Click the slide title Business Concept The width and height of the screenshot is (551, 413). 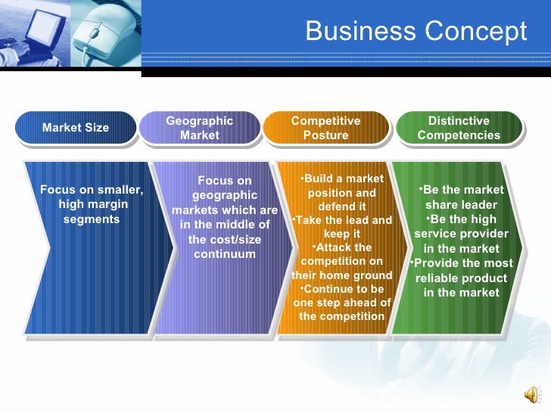click(x=416, y=32)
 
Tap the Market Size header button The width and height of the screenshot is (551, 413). click(x=76, y=128)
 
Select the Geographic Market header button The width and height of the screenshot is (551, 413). click(x=200, y=128)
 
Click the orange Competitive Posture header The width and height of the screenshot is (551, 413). click(x=325, y=128)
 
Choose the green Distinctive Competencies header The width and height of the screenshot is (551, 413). click(x=459, y=128)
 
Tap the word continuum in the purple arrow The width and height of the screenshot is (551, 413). click(x=225, y=253)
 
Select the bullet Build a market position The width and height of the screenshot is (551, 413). click(x=341, y=192)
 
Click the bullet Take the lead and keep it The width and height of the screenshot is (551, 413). click(x=342, y=227)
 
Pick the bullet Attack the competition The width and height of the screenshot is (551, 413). click(x=342, y=261)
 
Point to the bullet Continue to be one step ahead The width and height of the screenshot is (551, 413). click(x=342, y=303)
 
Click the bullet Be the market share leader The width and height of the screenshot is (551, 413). click(x=460, y=197)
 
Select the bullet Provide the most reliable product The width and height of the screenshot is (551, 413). click(x=460, y=278)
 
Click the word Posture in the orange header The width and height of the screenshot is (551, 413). click(x=325, y=135)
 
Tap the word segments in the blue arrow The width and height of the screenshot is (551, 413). click(x=91, y=219)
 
